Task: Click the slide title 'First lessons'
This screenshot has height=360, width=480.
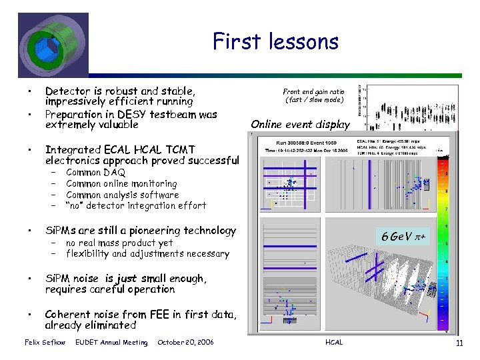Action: coord(275,42)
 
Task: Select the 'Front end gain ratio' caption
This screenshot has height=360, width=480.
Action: coord(313,95)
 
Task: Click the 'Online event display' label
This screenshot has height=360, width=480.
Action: coord(300,124)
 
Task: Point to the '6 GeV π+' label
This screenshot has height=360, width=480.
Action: coord(402,237)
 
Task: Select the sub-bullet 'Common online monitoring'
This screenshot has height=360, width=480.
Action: coord(121,183)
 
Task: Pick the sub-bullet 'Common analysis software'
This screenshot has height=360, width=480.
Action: coord(122,195)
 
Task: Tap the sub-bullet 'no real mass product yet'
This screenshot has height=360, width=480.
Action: coord(119,243)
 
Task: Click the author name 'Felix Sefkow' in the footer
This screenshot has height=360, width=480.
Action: coord(45,343)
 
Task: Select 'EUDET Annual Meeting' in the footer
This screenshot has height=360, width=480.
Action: coord(111,343)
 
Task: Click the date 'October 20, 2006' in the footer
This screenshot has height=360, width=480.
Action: coord(185,343)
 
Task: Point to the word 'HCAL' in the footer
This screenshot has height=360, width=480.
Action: coord(334,343)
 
